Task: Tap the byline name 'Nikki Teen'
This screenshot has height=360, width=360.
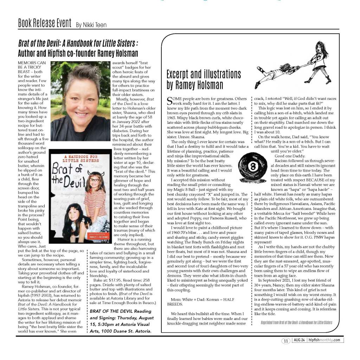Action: tap(91, 25)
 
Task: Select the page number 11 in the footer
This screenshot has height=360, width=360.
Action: tap(285, 340)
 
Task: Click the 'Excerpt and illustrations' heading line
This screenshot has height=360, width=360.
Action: tap(204, 75)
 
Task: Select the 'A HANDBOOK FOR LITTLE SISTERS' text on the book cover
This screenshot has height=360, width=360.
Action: tap(74, 158)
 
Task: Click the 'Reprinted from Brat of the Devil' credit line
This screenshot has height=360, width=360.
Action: tap(296, 322)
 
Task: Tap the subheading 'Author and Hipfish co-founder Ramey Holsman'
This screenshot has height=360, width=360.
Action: tap(78, 53)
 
